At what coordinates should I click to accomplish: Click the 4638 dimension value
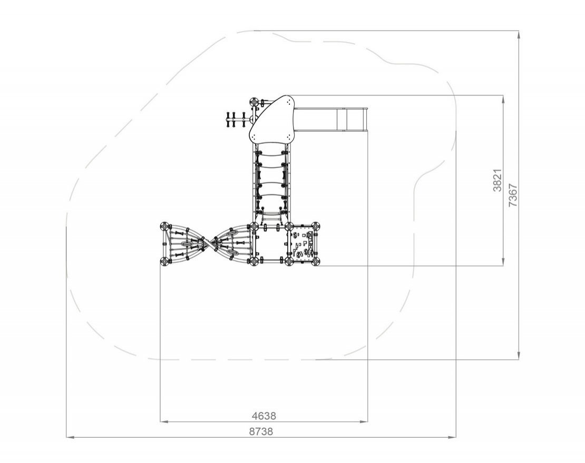click(x=264, y=415)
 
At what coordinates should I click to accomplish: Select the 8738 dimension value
click(x=261, y=431)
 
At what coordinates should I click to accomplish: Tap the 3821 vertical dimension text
click(x=497, y=181)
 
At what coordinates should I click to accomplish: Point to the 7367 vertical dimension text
click(x=513, y=195)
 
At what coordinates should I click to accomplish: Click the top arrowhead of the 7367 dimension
click(x=519, y=34)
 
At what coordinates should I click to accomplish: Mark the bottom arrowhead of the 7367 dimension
click(x=519, y=356)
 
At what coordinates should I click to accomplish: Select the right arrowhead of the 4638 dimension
click(x=363, y=421)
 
